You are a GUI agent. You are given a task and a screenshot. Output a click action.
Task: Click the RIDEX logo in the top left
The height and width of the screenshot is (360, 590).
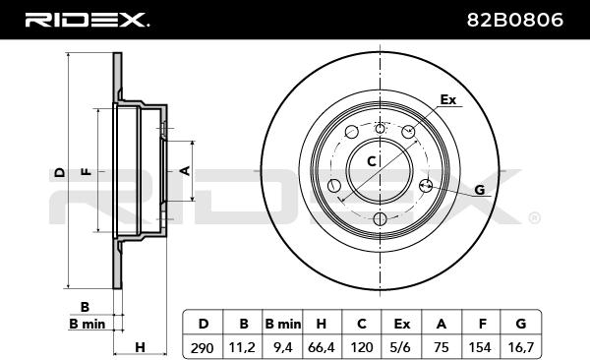[x=86, y=20]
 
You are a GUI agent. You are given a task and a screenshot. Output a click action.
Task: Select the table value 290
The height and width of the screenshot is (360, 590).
[x=204, y=346]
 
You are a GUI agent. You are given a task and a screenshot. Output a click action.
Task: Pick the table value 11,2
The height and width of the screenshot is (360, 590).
[x=243, y=346]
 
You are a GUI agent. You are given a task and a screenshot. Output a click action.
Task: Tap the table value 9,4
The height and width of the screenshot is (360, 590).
[x=282, y=346]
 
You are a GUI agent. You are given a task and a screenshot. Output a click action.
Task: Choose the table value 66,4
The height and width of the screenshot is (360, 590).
[x=322, y=346]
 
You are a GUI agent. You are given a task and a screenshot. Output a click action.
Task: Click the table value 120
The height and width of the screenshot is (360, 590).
[x=361, y=346]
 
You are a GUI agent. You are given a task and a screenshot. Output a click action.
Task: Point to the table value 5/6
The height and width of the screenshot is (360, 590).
[x=401, y=346]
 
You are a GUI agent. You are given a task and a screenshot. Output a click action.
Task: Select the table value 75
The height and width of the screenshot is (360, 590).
[x=441, y=346]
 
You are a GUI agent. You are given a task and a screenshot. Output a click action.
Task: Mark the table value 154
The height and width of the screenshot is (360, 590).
[x=480, y=346]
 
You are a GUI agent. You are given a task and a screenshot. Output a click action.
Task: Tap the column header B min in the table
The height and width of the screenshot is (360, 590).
[x=282, y=323]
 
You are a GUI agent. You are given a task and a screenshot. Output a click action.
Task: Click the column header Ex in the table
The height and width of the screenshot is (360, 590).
[x=401, y=323]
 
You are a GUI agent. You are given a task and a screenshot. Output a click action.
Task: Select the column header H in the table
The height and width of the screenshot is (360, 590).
[x=322, y=323]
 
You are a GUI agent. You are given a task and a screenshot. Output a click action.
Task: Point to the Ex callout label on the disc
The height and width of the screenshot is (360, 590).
[x=448, y=100]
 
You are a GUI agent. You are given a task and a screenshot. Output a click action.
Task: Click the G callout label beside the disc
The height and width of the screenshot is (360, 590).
[x=479, y=189]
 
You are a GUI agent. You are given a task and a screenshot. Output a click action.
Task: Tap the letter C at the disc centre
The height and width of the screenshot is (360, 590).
[x=372, y=160]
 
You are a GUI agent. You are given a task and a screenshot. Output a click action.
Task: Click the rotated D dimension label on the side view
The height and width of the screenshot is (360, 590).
[x=60, y=171]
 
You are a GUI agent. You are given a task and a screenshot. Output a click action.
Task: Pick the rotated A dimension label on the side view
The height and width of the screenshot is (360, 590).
[x=185, y=170]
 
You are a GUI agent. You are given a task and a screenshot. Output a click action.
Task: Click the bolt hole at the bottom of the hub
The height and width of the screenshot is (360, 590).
[x=380, y=219]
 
